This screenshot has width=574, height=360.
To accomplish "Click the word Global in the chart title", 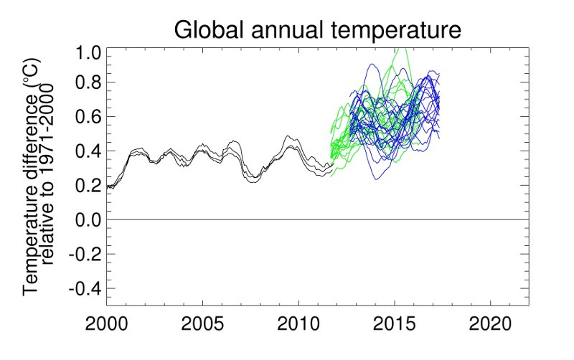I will click(x=210, y=31).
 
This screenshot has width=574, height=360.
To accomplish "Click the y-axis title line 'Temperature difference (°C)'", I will click(x=32, y=176).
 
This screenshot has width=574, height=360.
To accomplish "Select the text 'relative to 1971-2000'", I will click(x=50, y=176).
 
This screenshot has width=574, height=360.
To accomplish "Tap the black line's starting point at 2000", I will click(x=108, y=187).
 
